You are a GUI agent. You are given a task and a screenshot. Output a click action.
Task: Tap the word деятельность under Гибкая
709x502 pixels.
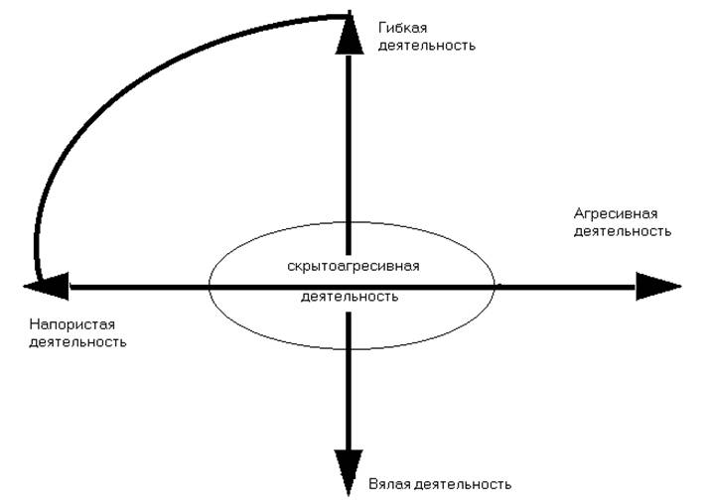(x=427, y=45)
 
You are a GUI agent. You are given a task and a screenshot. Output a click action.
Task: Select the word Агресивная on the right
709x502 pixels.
(x=616, y=213)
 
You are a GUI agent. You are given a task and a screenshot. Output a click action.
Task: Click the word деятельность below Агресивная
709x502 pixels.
(x=623, y=230)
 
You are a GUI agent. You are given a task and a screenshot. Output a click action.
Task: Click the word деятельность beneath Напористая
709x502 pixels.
(x=78, y=341)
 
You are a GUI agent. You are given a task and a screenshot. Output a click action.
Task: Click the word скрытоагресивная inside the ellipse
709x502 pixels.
(x=354, y=267)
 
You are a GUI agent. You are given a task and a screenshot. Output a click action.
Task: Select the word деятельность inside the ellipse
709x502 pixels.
(x=349, y=297)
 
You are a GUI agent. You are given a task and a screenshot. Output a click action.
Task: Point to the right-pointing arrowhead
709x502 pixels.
(x=657, y=287)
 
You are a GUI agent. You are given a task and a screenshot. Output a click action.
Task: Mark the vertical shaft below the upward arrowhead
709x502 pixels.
(x=349, y=149)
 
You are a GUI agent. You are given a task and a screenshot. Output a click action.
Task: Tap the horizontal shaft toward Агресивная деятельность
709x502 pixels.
(x=566, y=287)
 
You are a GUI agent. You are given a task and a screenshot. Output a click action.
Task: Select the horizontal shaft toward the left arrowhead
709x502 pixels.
(x=139, y=287)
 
